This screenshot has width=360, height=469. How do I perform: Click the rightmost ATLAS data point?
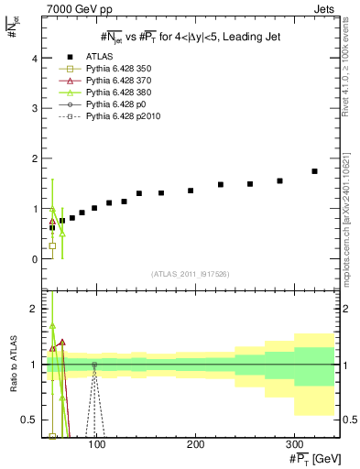[x=314, y=171]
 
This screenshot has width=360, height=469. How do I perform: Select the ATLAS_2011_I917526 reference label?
[x=189, y=275]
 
